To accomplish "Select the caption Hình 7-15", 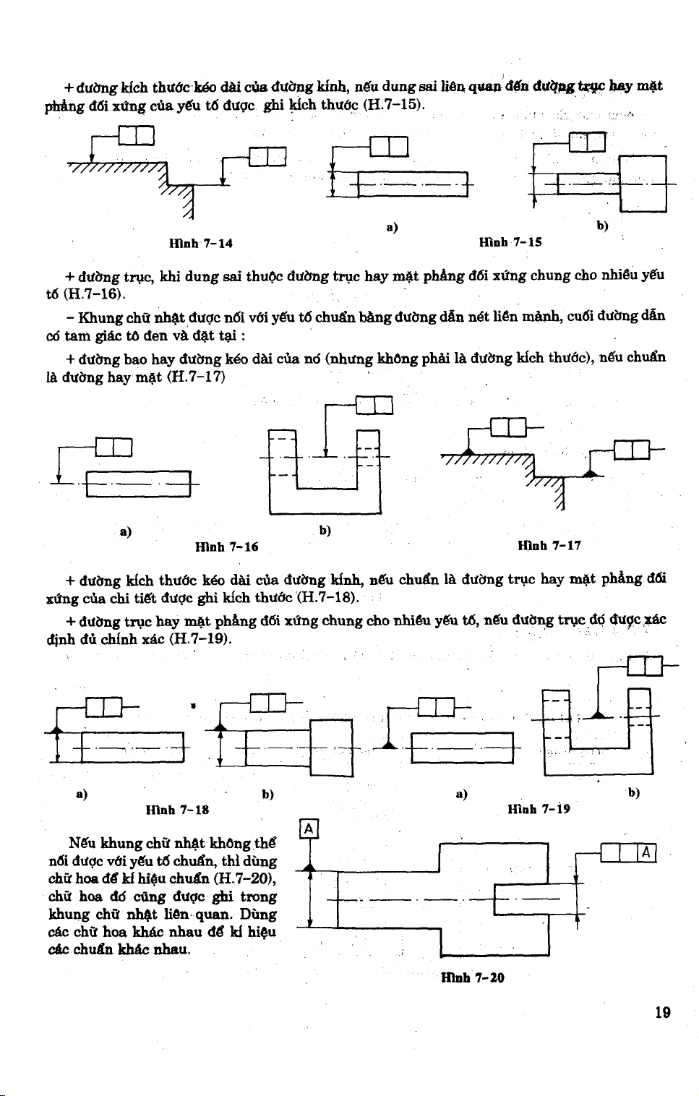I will tap(510, 242).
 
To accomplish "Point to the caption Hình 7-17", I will tap(549, 545).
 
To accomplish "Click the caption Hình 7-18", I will tap(177, 809).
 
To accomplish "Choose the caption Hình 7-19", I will tap(539, 808).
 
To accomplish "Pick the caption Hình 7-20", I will tap(472, 978).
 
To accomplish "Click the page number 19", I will tap(662, 1013).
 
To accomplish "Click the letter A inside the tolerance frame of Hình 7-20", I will tap(646, 854).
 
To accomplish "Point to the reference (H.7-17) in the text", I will tap(196, 377).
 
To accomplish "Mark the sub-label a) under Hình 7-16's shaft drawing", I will tap(125, 531).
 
